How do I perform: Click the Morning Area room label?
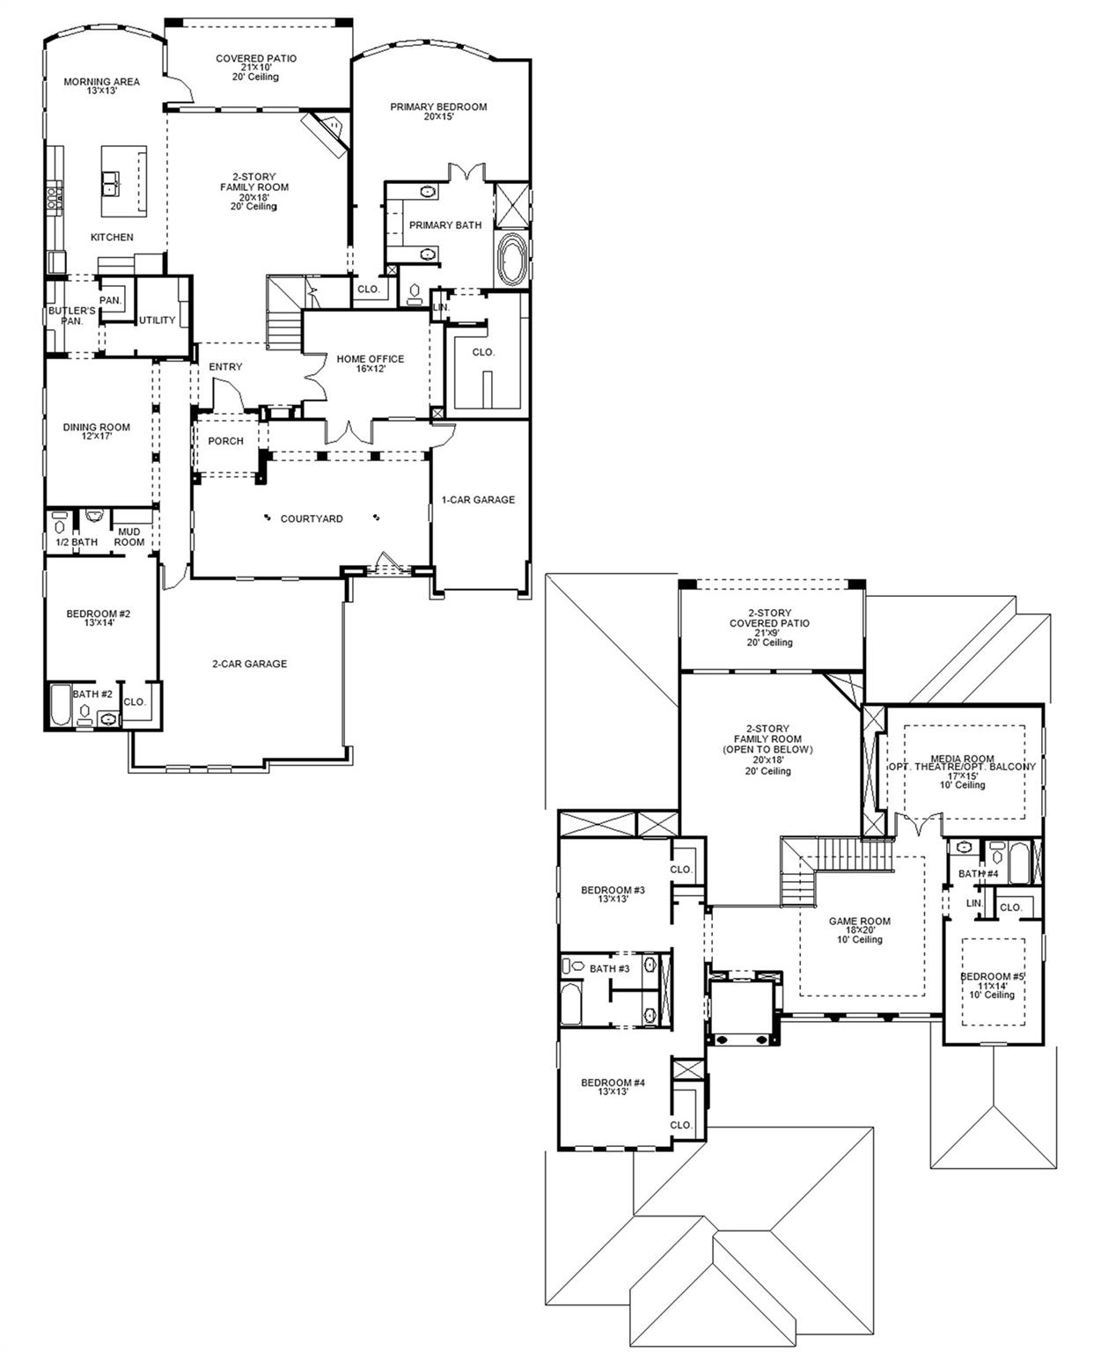[101, 82]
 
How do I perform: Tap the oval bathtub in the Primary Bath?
[510, 259]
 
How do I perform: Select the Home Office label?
[371, 359]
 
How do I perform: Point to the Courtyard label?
[312, 519]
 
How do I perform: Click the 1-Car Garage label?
[478, 500]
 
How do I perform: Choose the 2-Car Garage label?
[249, 665]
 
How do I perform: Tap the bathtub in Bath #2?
[60, 706]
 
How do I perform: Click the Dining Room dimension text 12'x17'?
[96, 437]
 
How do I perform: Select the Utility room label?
[158, 320]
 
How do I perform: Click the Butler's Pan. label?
[71, 316]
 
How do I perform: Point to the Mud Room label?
[128, 537]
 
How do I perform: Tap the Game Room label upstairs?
[859, 922]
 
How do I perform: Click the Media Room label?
[962, 759]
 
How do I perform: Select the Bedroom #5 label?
[992, 977]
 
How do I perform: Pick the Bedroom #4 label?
[613, 1083]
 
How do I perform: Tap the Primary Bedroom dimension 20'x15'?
[438, 116]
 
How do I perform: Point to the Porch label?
[225, 442]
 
